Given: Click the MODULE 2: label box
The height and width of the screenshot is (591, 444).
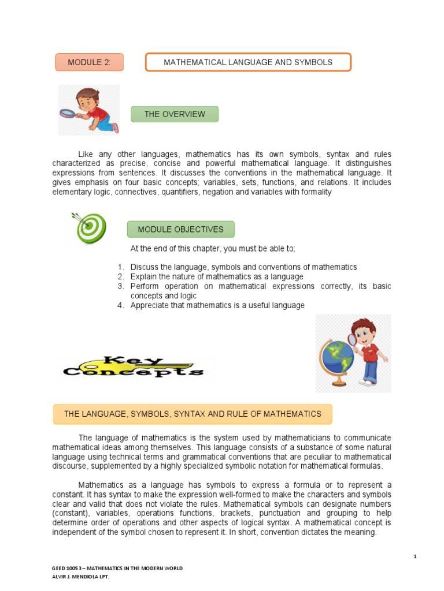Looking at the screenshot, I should click(89, 62).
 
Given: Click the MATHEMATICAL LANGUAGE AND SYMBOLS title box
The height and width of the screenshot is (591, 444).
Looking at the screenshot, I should click(248, 62).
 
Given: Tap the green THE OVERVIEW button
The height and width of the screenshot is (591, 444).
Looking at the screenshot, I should click(175, 114).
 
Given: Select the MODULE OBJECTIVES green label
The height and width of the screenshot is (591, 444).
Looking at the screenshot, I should click(180, 229).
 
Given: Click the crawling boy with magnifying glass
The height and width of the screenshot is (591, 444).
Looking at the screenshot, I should click(90, 110).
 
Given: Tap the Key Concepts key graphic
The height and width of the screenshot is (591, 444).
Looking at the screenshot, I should click(134, 366).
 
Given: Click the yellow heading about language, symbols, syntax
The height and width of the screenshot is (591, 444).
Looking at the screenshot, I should click(193, 414).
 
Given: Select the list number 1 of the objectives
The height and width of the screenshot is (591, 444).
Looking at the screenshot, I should click(120, 267).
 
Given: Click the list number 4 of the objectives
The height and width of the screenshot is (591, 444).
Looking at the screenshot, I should click(120, 305).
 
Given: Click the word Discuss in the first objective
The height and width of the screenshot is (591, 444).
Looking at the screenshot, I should click(145, 267).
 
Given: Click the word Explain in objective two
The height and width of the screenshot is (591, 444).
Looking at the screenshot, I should click(143, 276).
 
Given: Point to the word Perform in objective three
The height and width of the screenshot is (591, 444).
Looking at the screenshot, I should click(145, 286).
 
